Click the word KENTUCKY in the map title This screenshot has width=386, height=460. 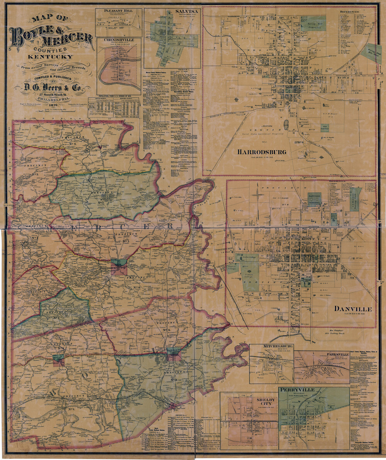pos(50,57)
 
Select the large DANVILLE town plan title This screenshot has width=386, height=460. pos(353,309)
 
